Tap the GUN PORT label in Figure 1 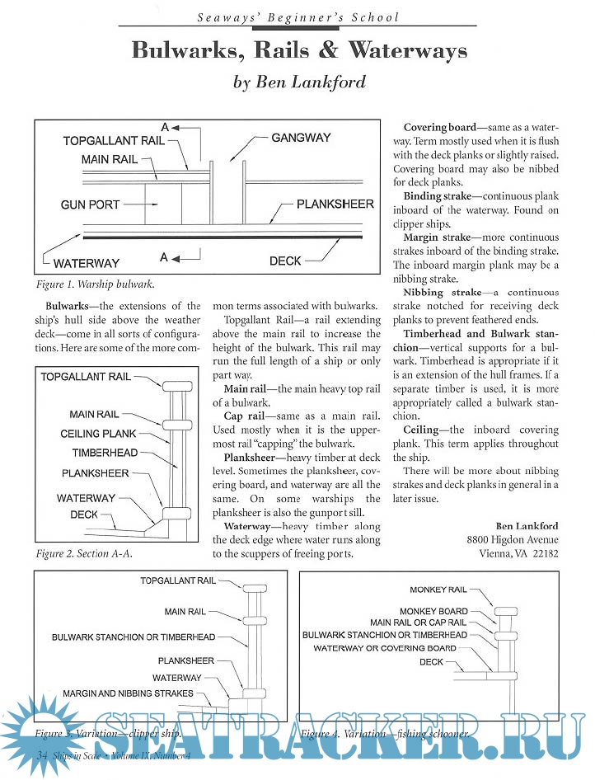[x=90, y=204]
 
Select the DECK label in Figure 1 [x=285, y=261]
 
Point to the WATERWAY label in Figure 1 [x=86, y=264]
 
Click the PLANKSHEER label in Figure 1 [x=335, y=204]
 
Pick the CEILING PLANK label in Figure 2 [x=98, y=434]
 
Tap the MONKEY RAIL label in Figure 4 [x=438, y=590]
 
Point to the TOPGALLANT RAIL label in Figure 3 [x=178, y=580]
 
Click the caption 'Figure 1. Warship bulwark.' [x=96, y=285]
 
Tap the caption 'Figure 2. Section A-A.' [x=84, y=554]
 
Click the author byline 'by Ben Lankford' [x=299, y=82]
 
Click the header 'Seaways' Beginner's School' [x=299, y=16]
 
